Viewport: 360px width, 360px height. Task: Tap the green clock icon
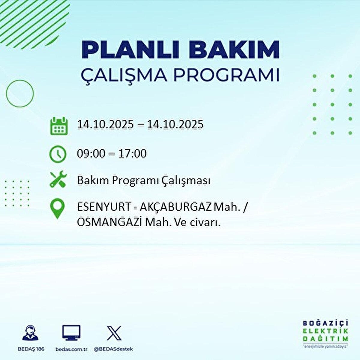point(58,154)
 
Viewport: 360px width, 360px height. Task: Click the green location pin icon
point(57,209)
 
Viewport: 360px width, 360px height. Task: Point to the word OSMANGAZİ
point(109,222)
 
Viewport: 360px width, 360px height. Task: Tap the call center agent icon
point(31,333)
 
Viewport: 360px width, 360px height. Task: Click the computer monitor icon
point(71,333)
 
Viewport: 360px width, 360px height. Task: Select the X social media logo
point(114,333)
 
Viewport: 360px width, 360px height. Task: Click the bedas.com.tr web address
point(71,349)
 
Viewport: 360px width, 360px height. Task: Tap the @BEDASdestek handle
point(113,349)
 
